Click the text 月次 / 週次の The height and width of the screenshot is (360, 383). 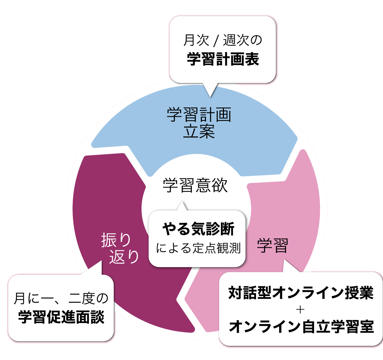(x=223, y=41)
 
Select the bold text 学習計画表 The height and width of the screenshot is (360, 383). (x=223, y=60)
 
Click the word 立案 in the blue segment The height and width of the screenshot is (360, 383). (x=199, y=132)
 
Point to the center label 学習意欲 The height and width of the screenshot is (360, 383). (x=196, y=186)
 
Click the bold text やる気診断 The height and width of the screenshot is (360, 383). (x=198, y=229)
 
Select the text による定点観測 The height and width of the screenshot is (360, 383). (x=198, y=248)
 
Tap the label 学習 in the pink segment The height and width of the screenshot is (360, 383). (x=272, y=246)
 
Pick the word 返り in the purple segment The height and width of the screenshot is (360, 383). (x=124, y=257)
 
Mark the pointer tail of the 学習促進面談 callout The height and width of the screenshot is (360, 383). (x=96, y=268)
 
